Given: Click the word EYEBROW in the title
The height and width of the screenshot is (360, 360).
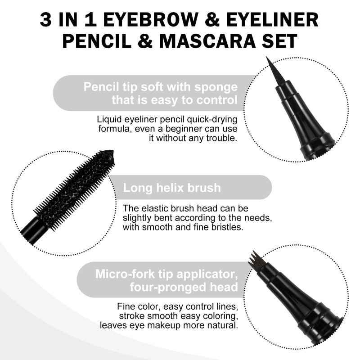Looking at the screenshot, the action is click(151, 20).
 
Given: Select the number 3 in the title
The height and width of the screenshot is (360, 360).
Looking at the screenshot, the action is click(45, 20).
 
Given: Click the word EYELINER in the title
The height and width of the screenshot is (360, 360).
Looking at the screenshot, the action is click(272, 20).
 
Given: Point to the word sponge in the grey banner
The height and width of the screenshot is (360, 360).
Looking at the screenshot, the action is click(216, 87).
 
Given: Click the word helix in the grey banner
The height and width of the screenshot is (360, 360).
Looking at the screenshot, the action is click(170, 188).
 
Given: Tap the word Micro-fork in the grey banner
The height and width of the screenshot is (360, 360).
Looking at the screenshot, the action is click(125, 274).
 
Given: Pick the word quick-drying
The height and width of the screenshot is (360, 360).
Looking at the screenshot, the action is click(212, 119).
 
